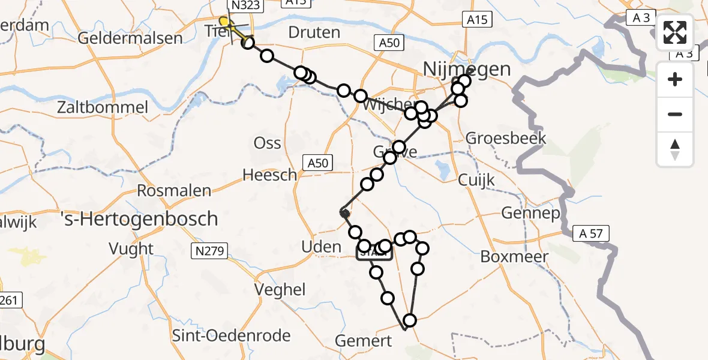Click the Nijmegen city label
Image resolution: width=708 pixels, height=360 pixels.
(x=467, y=69)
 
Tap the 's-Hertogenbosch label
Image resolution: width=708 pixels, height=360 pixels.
(x=140, y=218)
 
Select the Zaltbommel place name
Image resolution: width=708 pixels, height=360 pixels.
(x=94, y=108)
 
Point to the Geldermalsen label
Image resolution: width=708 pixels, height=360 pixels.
(x=131, y=38)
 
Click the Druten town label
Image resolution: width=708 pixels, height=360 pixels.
(x=314, y=32)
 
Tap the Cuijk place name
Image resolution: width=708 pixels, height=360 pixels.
(x=476, y=179)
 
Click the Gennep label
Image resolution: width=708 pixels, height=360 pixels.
(x=523, y=213)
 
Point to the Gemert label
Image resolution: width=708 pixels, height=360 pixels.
(x=364, y=341)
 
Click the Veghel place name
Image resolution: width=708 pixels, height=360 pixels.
(x=280, y=289)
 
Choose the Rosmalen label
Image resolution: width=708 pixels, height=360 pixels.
(x=175, y=191)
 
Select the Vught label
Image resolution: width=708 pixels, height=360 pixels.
(x=131, y=248)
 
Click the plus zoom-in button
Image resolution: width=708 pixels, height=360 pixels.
(x=675, y=80)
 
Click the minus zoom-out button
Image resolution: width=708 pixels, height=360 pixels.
(x=675, y=115)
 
